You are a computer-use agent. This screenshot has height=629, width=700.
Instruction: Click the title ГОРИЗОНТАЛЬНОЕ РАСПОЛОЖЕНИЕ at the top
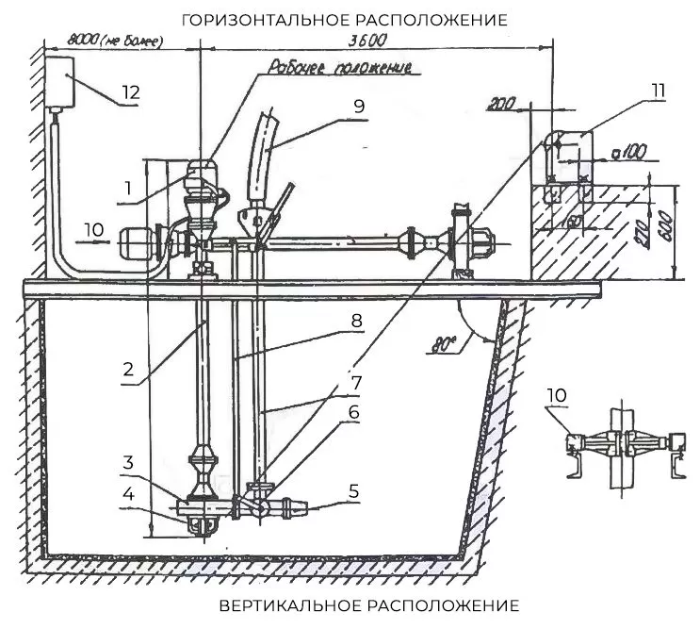tap(345, 19)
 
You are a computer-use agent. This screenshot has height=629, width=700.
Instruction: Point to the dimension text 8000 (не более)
tap(114, 41)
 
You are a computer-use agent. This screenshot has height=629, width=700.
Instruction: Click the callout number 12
tap(131, 92)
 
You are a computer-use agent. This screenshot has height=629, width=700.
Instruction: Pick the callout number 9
tap(358, 107)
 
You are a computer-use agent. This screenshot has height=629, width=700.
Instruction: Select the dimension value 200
tap(497, 106)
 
